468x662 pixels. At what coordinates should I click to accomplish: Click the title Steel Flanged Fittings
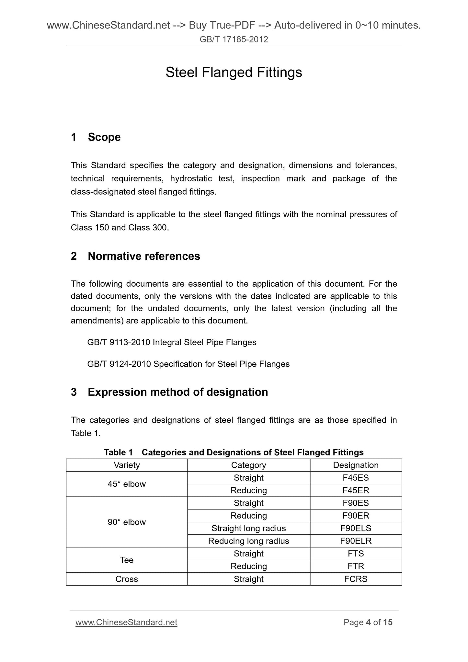[234, 73]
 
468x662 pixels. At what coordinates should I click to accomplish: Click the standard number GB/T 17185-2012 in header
[234, 40]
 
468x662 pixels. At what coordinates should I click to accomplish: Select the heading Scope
[104, 137]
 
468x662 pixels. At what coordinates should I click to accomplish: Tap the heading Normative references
[144, 256]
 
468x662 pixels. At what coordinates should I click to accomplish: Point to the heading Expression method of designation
[178, 392]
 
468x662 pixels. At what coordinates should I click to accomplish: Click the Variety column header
[127, 465]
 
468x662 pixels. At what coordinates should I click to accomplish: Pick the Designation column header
[356, 465]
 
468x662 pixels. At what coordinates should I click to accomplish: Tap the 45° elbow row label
[127, 484]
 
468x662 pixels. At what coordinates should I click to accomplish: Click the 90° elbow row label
[127, 522]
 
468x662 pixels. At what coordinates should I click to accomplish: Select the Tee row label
[127, 560]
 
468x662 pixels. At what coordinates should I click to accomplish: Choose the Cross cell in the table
[127, 579]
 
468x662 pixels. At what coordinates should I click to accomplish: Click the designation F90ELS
[356, 528]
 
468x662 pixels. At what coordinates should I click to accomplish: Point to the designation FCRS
[356, 579]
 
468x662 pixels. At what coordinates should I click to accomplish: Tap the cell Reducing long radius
[248, 541]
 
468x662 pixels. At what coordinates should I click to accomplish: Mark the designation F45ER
[356, 490]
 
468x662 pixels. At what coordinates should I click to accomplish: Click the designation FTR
[356, 566]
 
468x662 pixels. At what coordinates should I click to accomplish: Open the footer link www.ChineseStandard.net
[126, 622]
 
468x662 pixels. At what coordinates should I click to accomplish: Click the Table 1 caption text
[234, 452]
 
